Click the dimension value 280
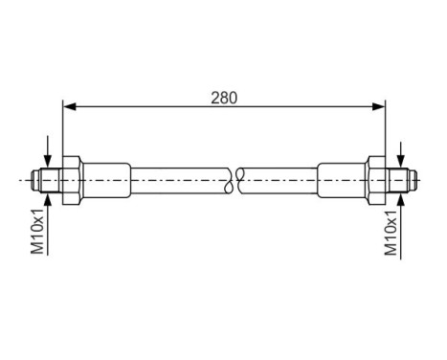[x=224, y=97]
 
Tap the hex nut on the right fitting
[x=377, y=178]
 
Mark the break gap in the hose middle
[x=237, y=178]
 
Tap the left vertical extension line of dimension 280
[x=63, y=129]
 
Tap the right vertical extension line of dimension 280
[x=385, y=129]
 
